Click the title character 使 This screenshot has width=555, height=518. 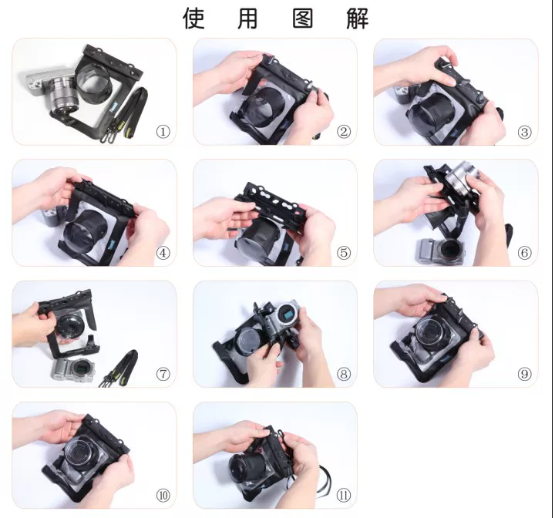point(193,18)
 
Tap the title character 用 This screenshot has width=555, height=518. point(247,18)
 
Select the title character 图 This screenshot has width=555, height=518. point(303,18)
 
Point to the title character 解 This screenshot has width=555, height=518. point(358,18)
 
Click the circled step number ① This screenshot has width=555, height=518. point(163,132)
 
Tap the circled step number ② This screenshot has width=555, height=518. point(344,132)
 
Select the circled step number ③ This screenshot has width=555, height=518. point(525,132)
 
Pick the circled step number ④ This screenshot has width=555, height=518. point(163,253)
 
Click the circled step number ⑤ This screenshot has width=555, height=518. point(344,253)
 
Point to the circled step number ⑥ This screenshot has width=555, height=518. point(525,253)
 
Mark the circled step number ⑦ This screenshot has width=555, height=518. point(163,374)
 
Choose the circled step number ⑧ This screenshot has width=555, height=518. point(344,374)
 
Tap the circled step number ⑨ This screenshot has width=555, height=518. point(525,374)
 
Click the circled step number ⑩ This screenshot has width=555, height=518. point(163,495)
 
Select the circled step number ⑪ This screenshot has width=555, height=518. point(344,495)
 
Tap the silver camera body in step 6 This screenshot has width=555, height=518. point(441,251)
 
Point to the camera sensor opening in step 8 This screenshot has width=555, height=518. point(288,314)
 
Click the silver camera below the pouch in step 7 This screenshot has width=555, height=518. point(74,369)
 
